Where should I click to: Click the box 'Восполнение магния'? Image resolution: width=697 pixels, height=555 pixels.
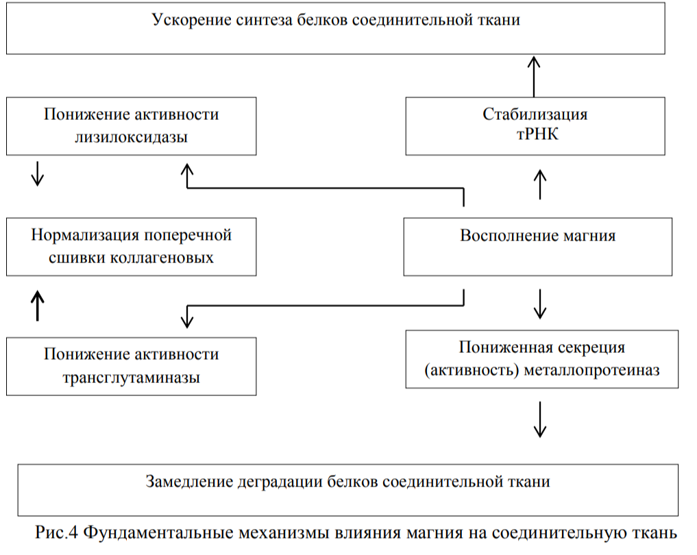[x=537, y=247]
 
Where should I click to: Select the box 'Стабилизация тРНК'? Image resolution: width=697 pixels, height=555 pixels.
[x=535, y=125]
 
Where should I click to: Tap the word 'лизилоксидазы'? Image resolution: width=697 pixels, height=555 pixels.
[x=131, y=136]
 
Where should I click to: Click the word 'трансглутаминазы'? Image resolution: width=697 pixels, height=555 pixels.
[x=131, y=377]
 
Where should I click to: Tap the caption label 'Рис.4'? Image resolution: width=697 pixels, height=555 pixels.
[x=58, y=532]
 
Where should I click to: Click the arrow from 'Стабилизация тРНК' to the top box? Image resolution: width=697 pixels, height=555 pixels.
[x=534, y=76]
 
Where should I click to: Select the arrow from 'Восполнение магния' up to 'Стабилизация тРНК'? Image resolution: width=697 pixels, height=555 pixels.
[x=540, y=185]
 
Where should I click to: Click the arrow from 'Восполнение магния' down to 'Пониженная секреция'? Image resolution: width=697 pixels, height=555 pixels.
[x=540, y=303]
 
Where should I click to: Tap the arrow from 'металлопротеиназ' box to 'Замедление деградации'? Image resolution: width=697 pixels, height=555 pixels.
[x=540, y=419]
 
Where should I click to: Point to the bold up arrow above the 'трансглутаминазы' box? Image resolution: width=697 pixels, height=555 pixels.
[x=38, y=305]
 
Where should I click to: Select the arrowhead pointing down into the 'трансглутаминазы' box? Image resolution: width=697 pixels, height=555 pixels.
[x=187, y=319]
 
